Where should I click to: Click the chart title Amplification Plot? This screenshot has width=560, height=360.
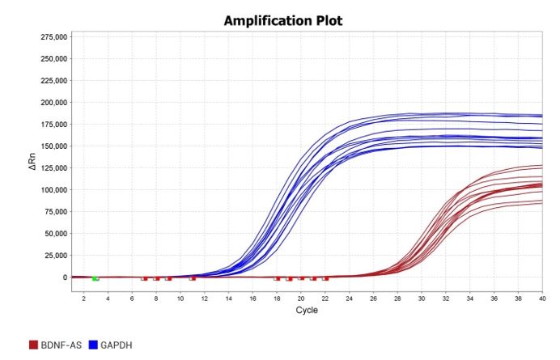point(282,20)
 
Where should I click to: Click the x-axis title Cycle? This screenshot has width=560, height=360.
point(307,311)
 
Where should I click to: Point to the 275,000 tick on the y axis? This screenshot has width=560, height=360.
point(50,37)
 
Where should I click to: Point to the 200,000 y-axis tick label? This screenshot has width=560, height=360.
point(50,103)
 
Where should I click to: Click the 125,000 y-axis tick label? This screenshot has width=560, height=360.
point(50,168)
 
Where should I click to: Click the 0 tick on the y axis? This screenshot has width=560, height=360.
point(63,277)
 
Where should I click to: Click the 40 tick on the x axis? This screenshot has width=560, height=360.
point(541,299)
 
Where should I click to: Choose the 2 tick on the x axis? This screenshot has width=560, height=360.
point(83,299)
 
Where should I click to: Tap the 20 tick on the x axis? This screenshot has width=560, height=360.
point(300,299)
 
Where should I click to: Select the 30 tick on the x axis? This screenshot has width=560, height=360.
point(421,299)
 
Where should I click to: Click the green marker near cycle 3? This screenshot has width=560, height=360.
point(95,278)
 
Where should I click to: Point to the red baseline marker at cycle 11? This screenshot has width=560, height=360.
point(193,278)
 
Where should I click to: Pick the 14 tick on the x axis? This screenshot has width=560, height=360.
point(228,299)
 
